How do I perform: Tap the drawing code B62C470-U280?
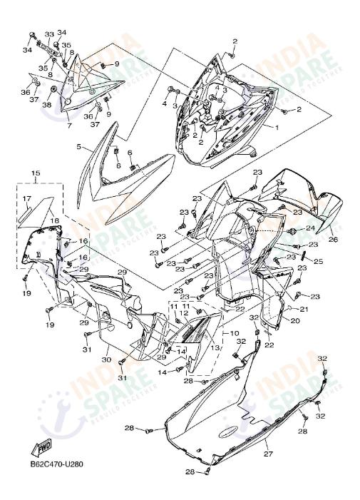(57, 464)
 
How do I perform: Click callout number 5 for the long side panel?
(79, 147)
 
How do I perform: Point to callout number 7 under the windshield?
(69, 125)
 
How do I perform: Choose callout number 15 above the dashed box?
(36, 173)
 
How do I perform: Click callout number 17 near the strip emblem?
(26, 199)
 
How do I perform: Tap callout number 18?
(54, 221)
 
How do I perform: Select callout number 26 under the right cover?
(333, 240)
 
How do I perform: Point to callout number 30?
(106, 360)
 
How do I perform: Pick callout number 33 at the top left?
(49, 34)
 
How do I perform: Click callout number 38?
(47, 105)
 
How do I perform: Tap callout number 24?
(310, 229)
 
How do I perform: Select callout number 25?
(319, 261)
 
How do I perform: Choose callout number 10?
(235, 333)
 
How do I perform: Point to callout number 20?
(295, 320)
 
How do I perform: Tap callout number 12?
(185, 313)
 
